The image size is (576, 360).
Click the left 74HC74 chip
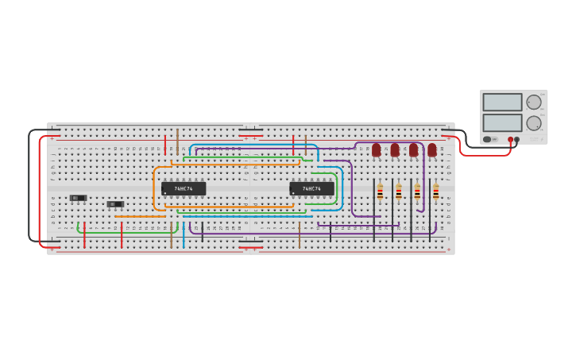pos(184,188)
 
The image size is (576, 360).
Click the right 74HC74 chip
pos(311,188)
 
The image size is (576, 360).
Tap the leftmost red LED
pos(376,149)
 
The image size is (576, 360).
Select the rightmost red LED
pos(432,149)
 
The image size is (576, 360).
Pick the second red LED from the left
pos(395,149)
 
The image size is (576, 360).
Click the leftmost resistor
pos(380,191)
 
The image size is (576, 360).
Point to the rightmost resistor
pos(435,191)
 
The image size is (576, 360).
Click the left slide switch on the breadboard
pos(78,197)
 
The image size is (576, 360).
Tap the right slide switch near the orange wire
pos(115,204)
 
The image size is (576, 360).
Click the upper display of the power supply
pos(502,103)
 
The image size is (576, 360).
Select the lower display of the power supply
pos(502,123)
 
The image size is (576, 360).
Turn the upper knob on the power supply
pos(534,102)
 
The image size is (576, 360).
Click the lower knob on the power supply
pos(534,123)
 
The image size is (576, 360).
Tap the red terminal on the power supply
pos(510,140)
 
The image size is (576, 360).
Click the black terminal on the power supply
pos(517,140)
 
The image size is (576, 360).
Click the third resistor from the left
pos(417,191)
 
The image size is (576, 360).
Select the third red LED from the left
pos(413,149)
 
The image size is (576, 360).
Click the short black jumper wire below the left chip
pos(202,231)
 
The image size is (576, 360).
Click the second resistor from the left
pos(399,191)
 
